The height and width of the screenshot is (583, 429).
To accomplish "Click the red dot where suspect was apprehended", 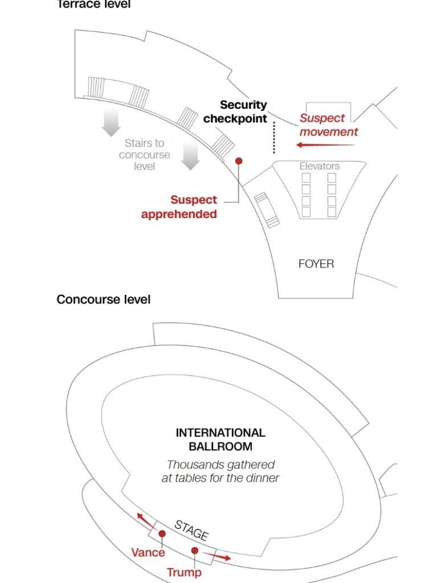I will coord(239,161).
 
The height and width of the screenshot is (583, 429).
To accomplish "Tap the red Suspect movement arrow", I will coord(325,145).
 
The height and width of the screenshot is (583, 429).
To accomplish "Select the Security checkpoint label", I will coord(235,112).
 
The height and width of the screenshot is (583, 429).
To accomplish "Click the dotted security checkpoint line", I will coord(274,137).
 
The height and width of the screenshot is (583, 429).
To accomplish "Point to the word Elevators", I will coord(319,166).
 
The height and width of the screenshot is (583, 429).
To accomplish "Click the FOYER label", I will coord(316,264).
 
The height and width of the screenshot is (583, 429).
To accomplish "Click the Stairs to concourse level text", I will coord(144,154).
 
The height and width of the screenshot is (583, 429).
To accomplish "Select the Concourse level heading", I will coord(103,299).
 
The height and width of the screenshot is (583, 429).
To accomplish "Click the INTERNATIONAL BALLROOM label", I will coord(220,440).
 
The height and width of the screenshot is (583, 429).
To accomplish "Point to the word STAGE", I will coord(191,529).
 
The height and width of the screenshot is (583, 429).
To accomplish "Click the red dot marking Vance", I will coord(162,533).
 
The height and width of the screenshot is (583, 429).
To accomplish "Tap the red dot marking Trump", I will coord(194,551).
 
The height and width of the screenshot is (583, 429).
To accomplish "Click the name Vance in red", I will coord(148,552).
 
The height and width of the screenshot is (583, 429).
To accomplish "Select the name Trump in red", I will coord(184,572).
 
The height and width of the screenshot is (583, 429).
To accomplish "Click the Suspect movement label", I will coord(329,125).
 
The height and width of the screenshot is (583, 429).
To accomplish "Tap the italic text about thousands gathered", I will coord(220,471).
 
